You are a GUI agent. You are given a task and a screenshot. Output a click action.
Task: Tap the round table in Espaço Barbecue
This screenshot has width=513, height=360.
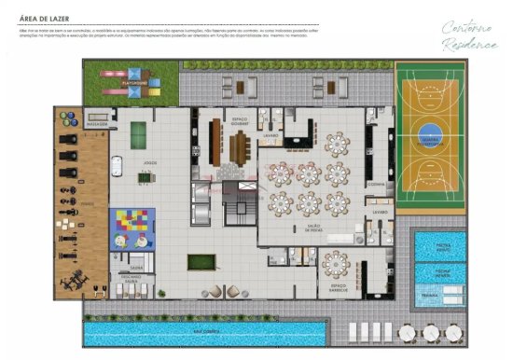point(336,268)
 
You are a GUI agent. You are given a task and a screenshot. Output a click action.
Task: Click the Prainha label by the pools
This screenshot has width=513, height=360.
point(431,295)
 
